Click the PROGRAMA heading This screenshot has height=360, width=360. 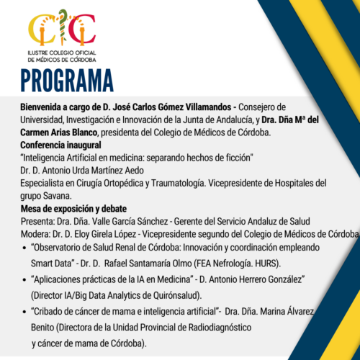pos(67,81)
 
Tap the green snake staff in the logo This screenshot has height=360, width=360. pos(63,27)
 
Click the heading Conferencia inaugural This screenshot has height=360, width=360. pos(60,145)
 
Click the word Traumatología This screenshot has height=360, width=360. pos(179,184)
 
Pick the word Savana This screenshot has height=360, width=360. pos(58,196)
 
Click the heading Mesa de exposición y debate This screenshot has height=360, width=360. pos(73,209)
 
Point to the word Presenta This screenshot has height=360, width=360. pos(37,222)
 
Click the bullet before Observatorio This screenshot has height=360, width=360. pos(24,248)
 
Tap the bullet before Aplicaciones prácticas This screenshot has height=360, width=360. pos(24,280)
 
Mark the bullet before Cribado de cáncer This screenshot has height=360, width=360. pos(24,312)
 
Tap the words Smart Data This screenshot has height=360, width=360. pos(51,264)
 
